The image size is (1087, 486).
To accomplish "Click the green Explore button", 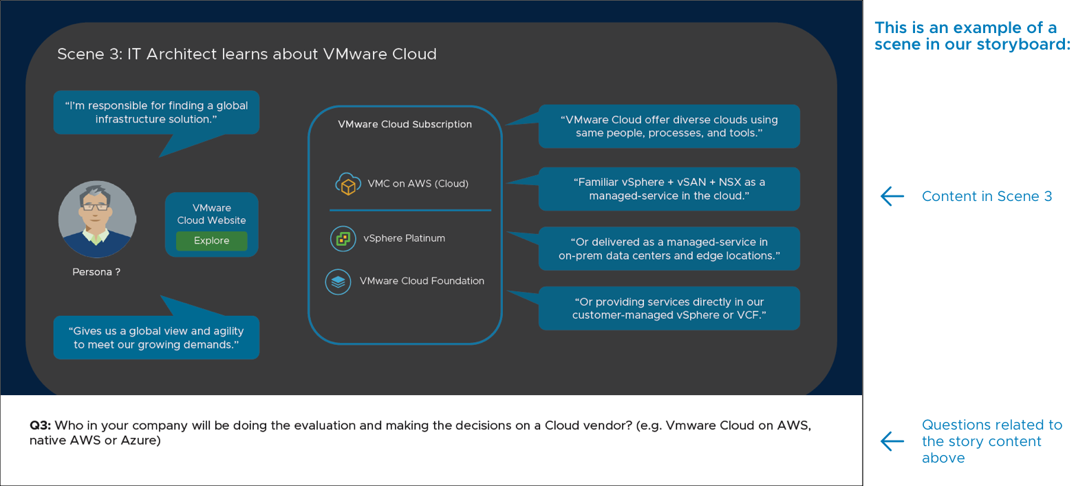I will pos(211,241).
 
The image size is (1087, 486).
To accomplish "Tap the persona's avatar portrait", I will pos(97,220).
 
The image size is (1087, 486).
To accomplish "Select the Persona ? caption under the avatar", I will pos(96,272).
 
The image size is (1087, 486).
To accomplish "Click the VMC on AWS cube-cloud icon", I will pos(348,184).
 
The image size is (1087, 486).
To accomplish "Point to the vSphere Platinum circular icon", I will pos(343,239).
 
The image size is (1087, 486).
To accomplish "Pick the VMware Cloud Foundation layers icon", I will pos(338,282).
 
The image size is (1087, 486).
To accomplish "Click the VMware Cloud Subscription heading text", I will pos(405,125).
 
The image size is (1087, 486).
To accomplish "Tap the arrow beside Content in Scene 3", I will pos(892,196).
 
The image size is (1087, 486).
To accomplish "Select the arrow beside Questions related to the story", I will pos(892,441).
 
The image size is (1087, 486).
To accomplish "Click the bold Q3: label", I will pos(40,425).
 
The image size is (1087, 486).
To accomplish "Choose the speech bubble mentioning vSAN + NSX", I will pos(669,189).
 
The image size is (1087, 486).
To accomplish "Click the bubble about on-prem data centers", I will pos(669,249).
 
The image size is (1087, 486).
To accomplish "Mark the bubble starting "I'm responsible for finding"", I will pos(156,112).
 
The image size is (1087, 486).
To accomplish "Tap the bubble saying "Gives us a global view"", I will pos(156,338).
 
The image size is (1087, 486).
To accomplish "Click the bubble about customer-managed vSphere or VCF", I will pos(669,308).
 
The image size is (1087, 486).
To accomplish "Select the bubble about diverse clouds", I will pos(669,127).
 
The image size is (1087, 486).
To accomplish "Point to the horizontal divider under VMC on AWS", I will pos(410,210).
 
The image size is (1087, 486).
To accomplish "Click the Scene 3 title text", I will pos(246,54).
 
